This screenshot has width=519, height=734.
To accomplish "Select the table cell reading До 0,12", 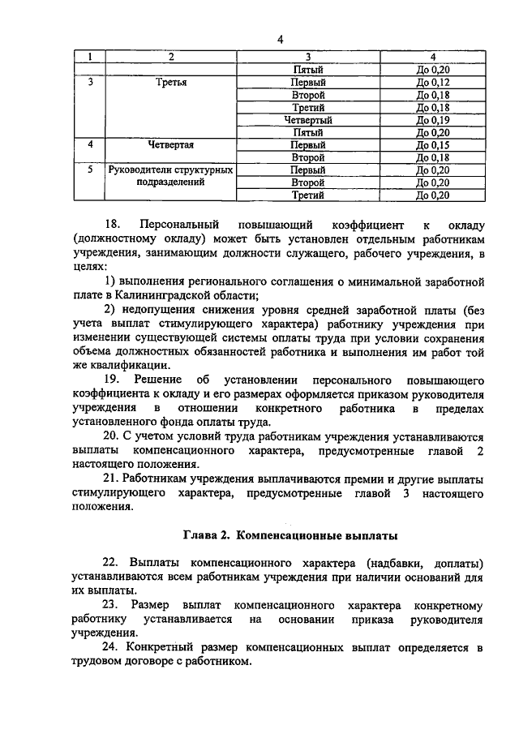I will tap(432, 83).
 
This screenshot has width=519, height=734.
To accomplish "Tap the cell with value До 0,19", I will tap(432, 120).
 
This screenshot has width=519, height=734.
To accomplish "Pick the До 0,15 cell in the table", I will tap(432, 145).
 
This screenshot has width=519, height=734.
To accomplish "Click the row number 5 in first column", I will tap(90, 170).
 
